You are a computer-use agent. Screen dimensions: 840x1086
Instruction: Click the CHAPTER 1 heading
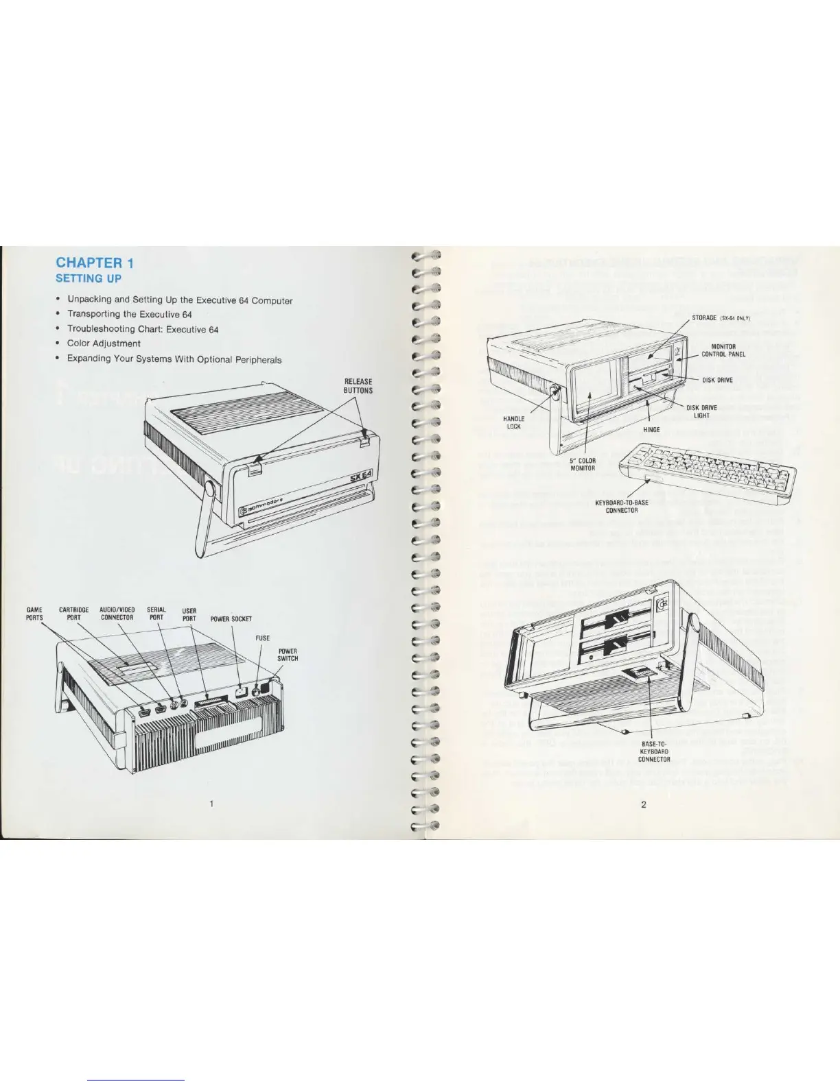(95, 263)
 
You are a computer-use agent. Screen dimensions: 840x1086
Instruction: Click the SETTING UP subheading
(89, 278)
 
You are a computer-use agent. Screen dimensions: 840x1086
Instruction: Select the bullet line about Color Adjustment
(104, 343)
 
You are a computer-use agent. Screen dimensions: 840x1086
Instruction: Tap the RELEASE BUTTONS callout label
(358, 386)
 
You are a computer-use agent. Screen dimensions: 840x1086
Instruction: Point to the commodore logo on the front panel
(267, 506)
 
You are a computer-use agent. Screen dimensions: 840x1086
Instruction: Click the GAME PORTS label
(34, 614)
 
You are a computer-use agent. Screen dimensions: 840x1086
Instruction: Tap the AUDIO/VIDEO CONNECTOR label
(117, 614)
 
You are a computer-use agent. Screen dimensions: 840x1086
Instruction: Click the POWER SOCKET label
(231, 619)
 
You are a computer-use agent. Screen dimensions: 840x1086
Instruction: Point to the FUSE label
(263, 638)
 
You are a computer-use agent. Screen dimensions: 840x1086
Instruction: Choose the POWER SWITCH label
(288, 655)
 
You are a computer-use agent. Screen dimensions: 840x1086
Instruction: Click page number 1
(212, 804)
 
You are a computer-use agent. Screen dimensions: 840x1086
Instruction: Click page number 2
(643, 804)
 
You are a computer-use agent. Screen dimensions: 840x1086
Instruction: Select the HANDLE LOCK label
(514, 422)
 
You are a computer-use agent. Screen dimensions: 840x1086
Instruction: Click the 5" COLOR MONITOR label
(583, 464)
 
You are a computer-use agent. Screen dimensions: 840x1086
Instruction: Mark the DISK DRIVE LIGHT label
(701, 411)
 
